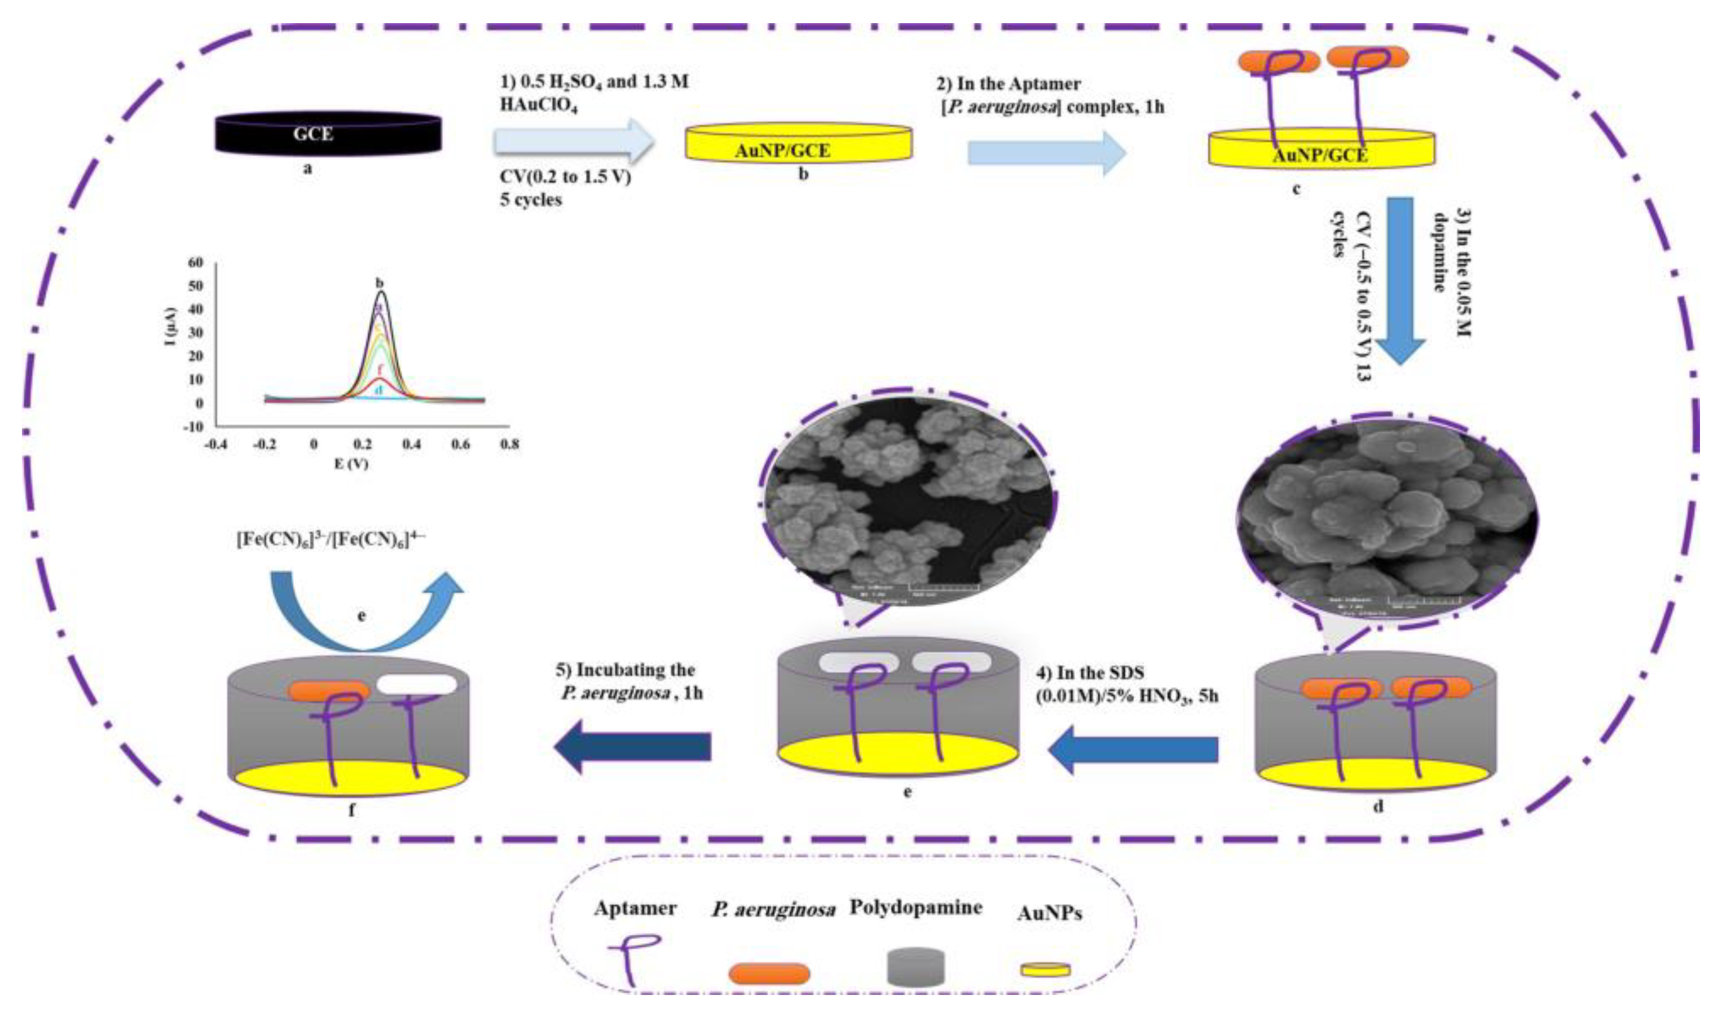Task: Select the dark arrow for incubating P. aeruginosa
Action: (x=632, y=747)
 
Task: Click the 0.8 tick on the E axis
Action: (x=509, y=444)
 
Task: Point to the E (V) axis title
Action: (x=351, y=464)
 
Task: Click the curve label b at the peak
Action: (x=379, y=283)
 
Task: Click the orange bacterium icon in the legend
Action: (x=769, y=973)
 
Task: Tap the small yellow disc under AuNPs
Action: (x=1045, y=970)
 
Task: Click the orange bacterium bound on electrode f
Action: (x=329, y=690)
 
